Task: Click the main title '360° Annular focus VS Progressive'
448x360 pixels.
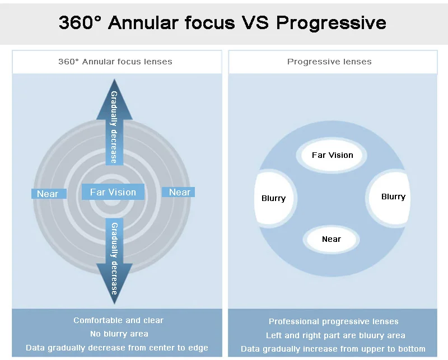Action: pos(222,23)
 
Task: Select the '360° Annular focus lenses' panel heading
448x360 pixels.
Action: pos(115,62)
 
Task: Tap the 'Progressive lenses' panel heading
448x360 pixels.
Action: pos(329,62)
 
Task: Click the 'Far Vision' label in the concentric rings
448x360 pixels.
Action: pos(113,192)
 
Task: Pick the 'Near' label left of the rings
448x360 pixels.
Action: pos(48,194)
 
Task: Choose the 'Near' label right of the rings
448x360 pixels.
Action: pos(179,192)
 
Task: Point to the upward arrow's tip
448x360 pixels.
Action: pos(114,80)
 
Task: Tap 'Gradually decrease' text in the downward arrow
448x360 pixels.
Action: pos(114,258)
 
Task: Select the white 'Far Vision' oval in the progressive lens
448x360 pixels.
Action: pos(333,155)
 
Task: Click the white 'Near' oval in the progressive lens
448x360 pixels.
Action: pos(332,239)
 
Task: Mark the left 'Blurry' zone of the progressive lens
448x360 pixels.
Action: pos(273,198)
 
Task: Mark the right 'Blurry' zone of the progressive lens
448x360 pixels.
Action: pos(393,197)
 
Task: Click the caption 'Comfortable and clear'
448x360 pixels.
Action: pos(119,320)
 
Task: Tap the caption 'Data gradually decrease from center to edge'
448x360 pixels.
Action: pos(117,348)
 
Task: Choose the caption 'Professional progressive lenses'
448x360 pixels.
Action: pos(333,321)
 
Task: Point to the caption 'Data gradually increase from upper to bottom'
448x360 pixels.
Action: pos(333,349)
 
